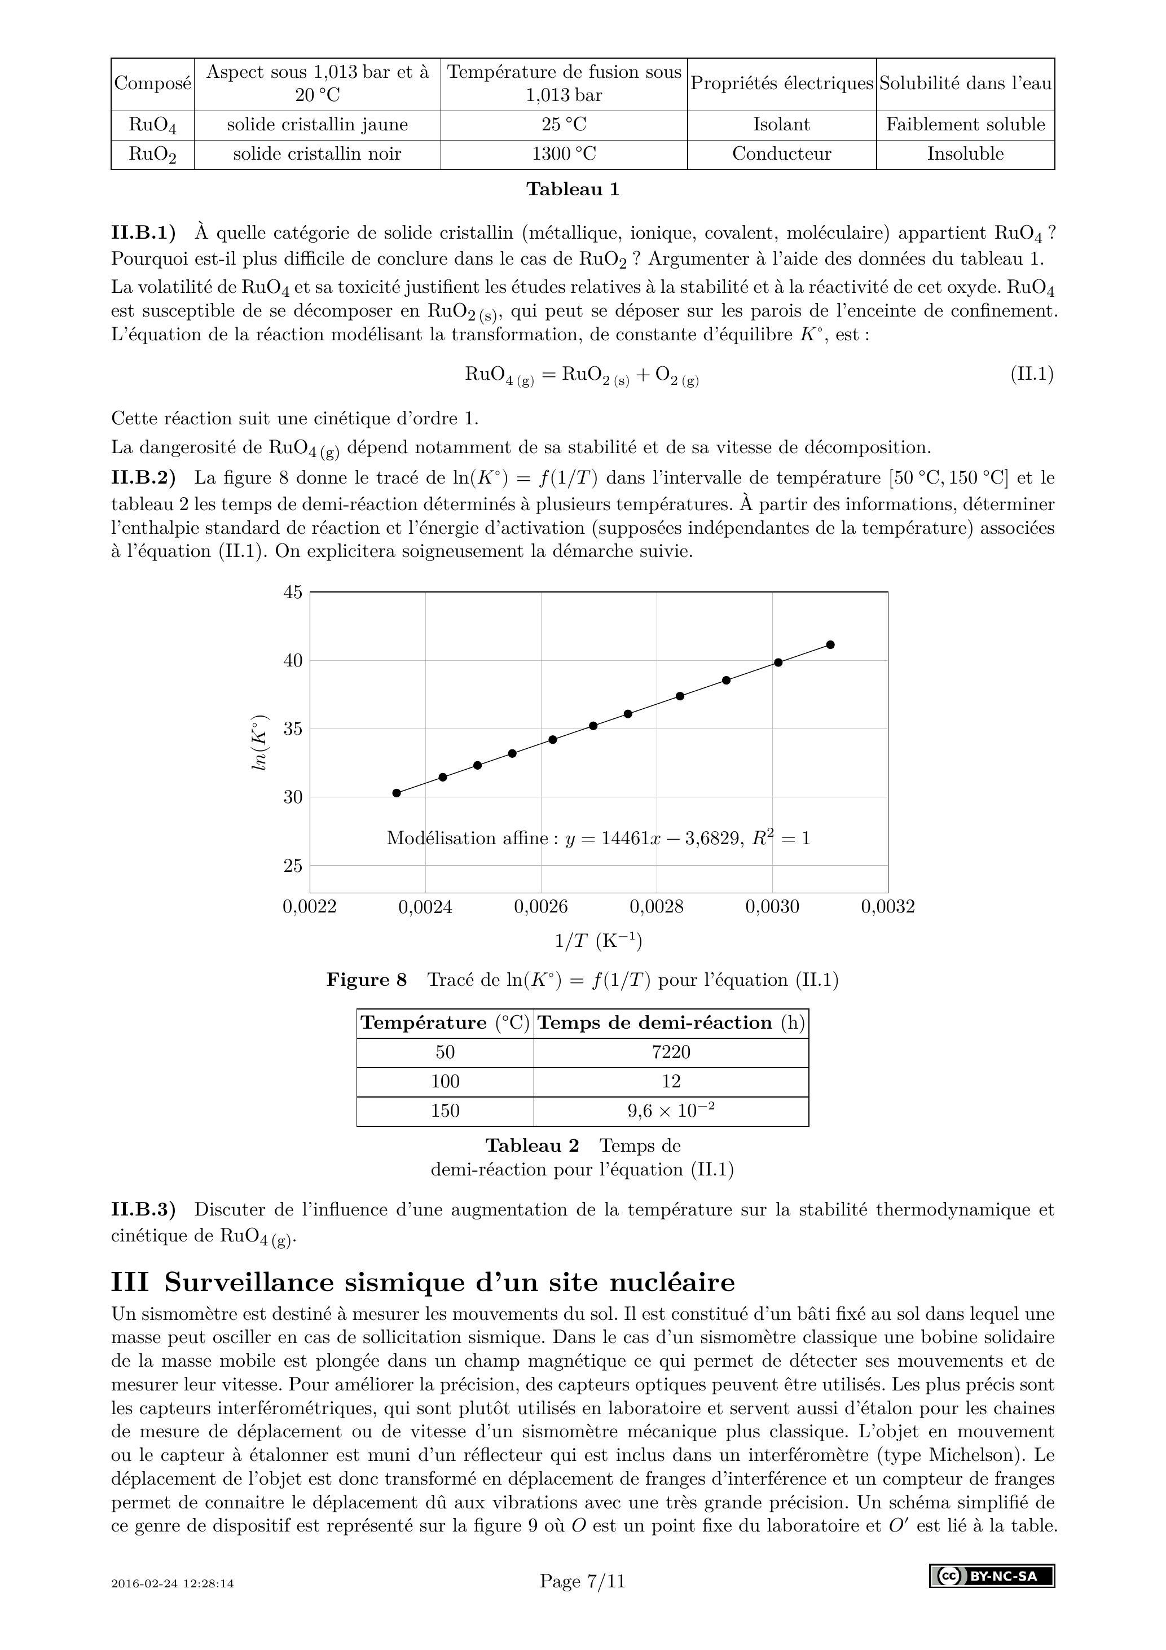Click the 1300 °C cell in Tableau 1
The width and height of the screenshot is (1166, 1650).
pyautogui.click(x=564, y=154)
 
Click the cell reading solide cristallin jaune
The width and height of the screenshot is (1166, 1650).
pyautogui.click(x=317, y=125)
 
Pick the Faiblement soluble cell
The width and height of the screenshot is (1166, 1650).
pyautogui.click(x=965, y=125)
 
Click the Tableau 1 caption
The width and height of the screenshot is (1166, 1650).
pyautogui.click(x=573, y=190)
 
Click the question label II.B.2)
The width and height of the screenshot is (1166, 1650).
pyautogui.click(x=143, y=478)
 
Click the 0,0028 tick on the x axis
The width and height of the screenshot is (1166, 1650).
pyautogui.click(x=657, y=907)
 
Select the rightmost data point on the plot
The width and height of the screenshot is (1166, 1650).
pyautogui.click(x=830, y=644)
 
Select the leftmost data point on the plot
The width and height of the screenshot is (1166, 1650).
pyautogui.click(x=397, y=793)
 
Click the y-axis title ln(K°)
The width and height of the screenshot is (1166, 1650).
pyautogui.click(x=259, y=743)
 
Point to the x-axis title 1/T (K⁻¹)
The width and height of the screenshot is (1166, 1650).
pyautogui.click(x=599, y=941)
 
